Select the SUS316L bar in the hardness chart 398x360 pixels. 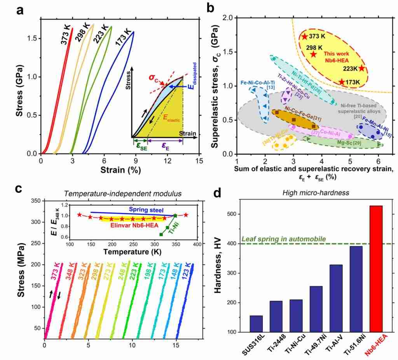pyautogui.click(x=256, y=324)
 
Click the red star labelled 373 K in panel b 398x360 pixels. pyautogui.click(x=304, y=37)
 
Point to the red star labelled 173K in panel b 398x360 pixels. pyautogui.click(x=342, y=82)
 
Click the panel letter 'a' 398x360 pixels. pyautogui.click(x=21, y=10)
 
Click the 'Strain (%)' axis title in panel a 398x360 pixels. pyautogui.click(x=120, y=170)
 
